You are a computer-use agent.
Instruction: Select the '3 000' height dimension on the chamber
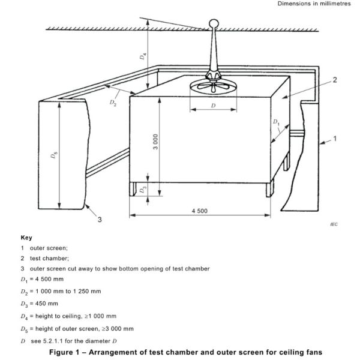click(x=155, y=142)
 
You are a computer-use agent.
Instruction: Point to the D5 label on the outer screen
click(x=55, y=157)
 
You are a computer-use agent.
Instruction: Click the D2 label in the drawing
click(x=113, y=103)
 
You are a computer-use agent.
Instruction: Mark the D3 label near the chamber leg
click(x=142, y=190)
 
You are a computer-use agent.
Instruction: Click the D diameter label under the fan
click(x=214, y=106)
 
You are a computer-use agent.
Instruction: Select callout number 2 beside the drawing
click(x=334, y=80)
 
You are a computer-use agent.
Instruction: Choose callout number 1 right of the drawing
click(x=334, y=139)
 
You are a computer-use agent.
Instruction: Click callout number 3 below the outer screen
click(x=100, y=220)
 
